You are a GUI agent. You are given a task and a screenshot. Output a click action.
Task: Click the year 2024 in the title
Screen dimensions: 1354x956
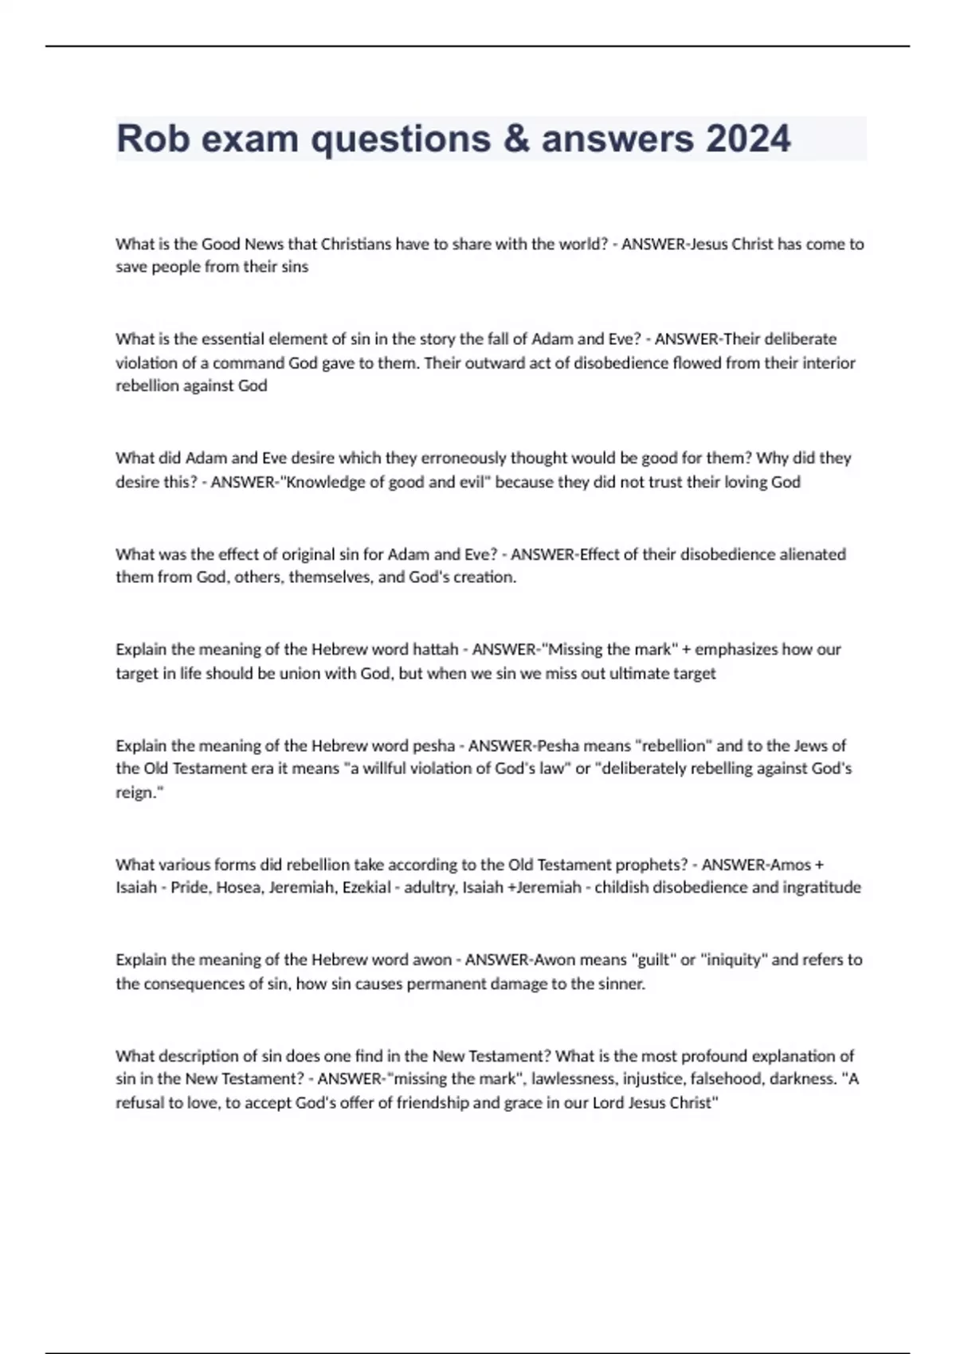748,139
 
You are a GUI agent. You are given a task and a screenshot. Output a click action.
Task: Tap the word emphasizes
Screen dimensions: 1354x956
735,649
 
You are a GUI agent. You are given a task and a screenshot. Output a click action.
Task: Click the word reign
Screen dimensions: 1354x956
137,792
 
